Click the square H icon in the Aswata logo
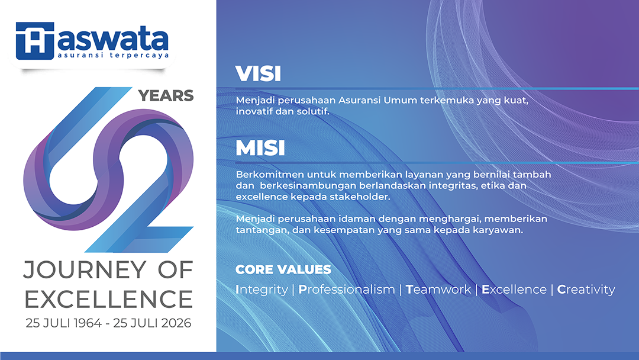pyautogui.click(x=35, y=41)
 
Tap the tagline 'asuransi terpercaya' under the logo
pyautogui.click(x=113, y=55)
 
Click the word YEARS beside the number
pyautogui.click(x=166, y=95)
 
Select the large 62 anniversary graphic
pyautogui.click(x=108, y=169)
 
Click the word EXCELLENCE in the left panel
pyautogui.click(x=108, y=299)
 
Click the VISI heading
pyautogui.click(x=259, y=74)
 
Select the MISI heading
pyautogui.click(x=260, y=148)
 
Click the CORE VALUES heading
pyautogui.click(x=283, y=269)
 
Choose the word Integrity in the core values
pyautogui.click(x=262, y=290)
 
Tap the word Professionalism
pyautogui.click(x=347, y=290)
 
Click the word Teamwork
pyautogui.click(x=438, y=290)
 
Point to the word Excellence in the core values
pyautogui.click(x=514, y=290)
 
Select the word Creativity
pyautogui.click(x=586, y=290)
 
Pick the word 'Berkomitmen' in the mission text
pyautogui.click(x=270, y=175)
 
